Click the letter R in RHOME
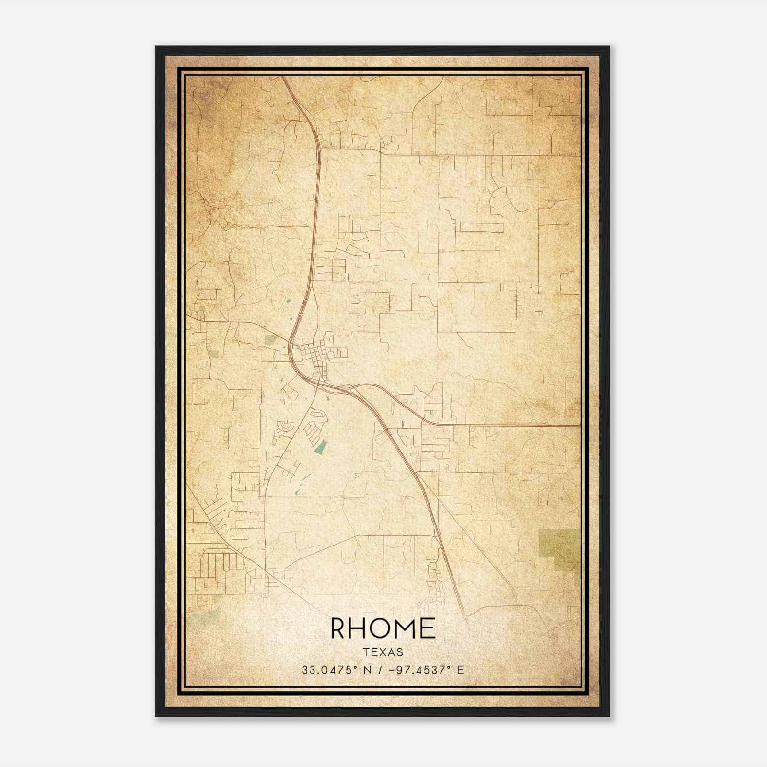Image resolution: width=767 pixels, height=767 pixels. click(x=340, y=629)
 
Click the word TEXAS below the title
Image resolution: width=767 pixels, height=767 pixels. click(x=383, y=652)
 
